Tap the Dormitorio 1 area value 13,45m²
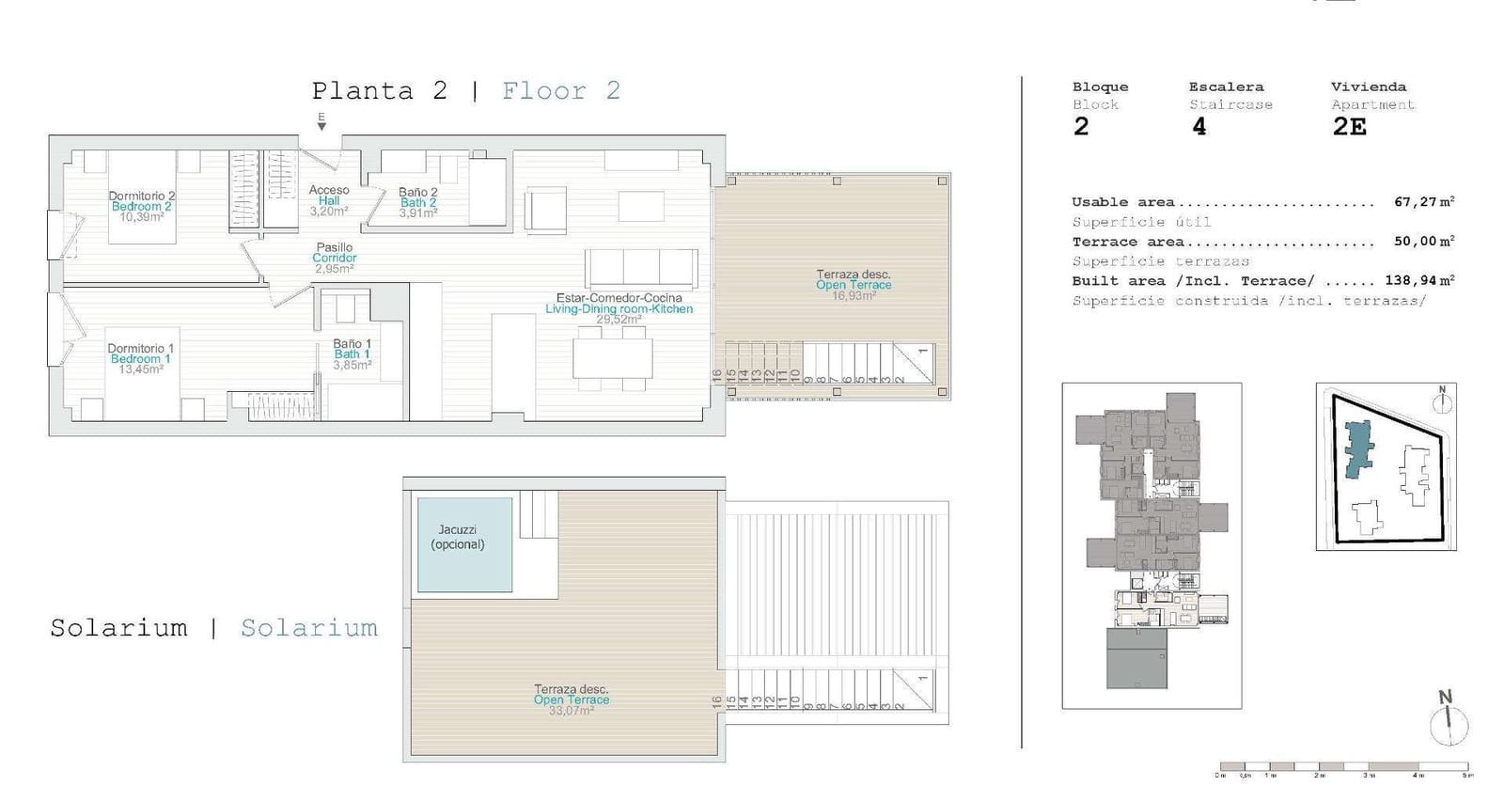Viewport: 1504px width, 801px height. click(x=141, y=369)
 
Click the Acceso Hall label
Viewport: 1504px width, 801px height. click(x=329, y=196)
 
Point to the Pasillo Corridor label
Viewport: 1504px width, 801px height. click(x=335, y=253)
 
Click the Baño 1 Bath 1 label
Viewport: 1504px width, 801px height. click(x=352, y=349)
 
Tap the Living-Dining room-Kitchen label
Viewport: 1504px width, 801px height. click(x=619, y=308)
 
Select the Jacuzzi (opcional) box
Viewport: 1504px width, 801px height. click(x=464, y=544)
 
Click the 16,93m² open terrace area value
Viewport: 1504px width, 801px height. click(x=853, y=295)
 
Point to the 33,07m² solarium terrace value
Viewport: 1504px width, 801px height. click(x=571, y=711)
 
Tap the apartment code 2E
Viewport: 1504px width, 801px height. click(x=1350, y=127)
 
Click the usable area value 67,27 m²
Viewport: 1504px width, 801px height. click(x=1424, y=202)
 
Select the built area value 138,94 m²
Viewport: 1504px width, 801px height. click(x=1419, y=281)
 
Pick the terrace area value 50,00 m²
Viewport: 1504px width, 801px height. click(x=1424, y=242)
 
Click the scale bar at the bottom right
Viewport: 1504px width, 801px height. click(x=1344, y=766)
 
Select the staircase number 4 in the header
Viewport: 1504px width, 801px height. click(x=1198, y=127)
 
